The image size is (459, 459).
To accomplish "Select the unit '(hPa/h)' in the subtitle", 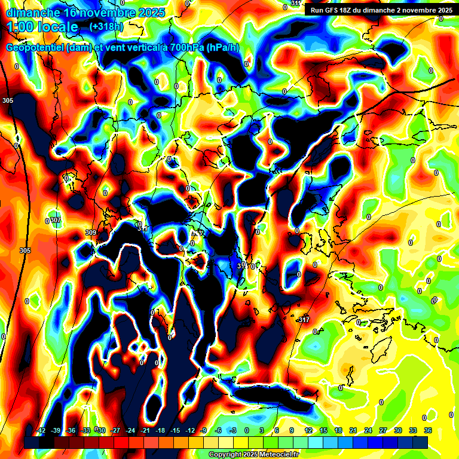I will (x=223, y=48).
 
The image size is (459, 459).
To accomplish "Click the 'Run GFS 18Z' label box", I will (x=379, y=10).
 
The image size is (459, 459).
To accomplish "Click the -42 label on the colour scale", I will (x=41, y=430).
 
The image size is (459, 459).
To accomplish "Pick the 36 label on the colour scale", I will (x=428, y=430).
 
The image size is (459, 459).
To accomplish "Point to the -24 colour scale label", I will (x=130, y=430).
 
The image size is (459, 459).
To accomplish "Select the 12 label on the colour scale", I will (x=308, y=430).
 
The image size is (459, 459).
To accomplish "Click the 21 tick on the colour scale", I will (x=353, y=430).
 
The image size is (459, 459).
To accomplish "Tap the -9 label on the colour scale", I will (x=204, y=430).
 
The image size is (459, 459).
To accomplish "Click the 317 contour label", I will (x=304, y=320).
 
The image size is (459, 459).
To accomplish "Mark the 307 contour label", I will (x=56, y=221).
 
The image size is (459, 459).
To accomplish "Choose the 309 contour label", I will (x=91, y=232).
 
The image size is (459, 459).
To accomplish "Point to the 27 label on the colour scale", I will (x=383, y=430).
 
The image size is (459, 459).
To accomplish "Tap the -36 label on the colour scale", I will (x=71, y=430).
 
